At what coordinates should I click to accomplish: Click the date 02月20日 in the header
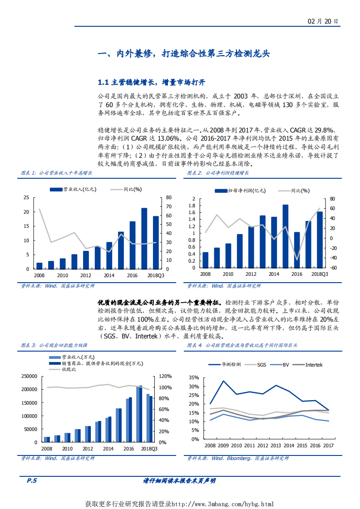(x=323, y=21)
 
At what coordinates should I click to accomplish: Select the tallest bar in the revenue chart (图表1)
(x=144, y=238)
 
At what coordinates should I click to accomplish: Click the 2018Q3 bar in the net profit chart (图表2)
(x=320, y=239)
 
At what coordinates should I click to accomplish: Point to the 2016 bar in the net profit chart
(x=296, y=250)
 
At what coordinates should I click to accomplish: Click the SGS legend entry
(x=261, y=364)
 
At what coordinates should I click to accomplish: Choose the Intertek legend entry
(x=313, y=364)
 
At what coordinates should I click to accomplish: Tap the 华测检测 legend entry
(x=231, y=364)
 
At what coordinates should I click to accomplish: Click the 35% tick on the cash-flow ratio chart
(x=194, y=377)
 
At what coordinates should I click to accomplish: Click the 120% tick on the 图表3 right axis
(x=165, y=376)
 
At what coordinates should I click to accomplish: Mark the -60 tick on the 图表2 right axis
(x=332, y=268)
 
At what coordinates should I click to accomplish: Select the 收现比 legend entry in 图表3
(x=69, y=369)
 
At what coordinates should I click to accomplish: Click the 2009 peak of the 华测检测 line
(x=223, y=381)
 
